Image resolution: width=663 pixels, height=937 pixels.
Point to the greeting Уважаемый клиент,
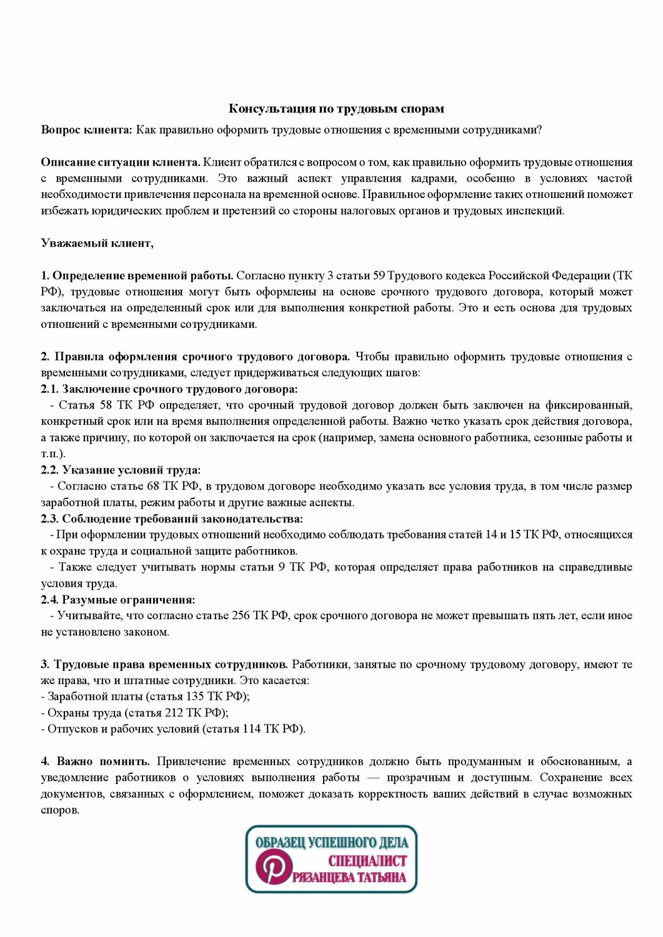[x=97, y=243]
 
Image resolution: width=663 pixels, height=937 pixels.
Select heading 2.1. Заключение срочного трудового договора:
[x=169, y=389]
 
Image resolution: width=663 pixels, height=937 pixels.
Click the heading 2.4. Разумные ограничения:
[x=118, y=600]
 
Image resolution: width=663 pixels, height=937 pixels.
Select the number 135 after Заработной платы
[x=196, y=696]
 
